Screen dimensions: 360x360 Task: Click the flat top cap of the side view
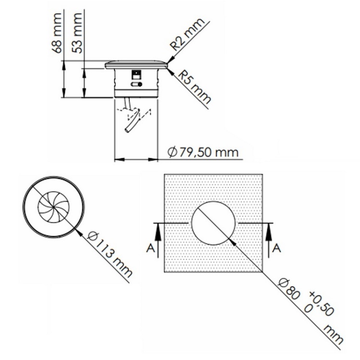[x=137, y=65]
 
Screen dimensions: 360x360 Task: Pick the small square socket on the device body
[x=136, y=74]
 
